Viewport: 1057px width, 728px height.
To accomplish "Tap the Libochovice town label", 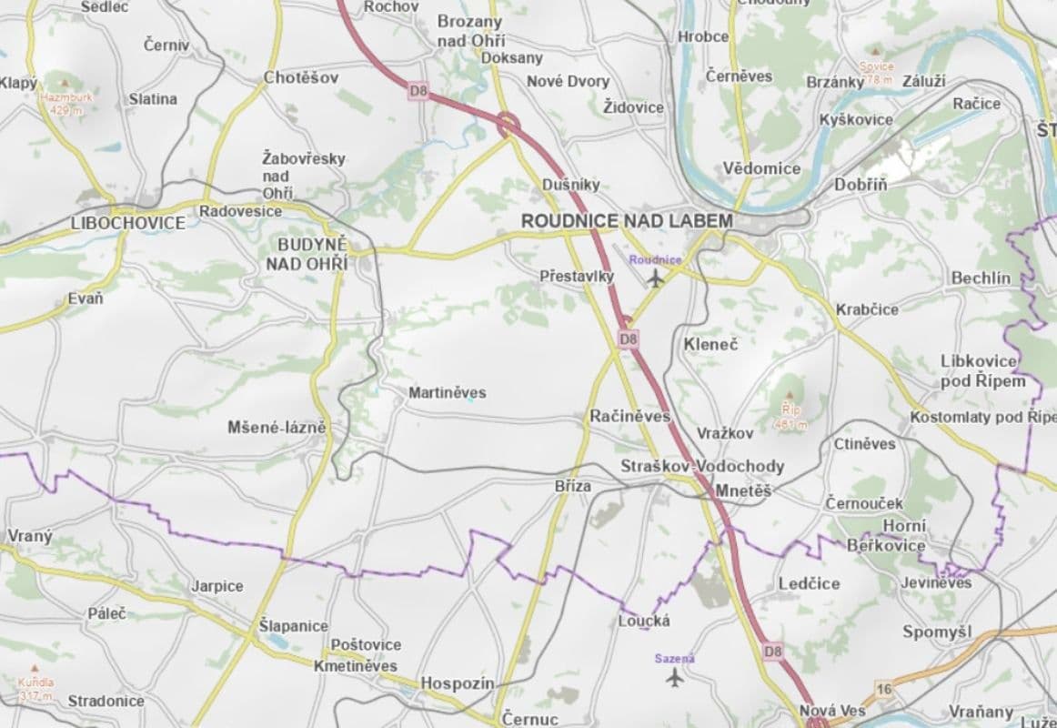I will tap(128, 223).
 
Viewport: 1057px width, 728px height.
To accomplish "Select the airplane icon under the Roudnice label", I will tap(656, 278).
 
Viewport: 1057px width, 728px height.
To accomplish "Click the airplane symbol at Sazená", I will tap(674, 677).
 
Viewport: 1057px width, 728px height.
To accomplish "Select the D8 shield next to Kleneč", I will tap(629, 339).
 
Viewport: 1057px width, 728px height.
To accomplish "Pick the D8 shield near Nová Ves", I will tap(772, 652).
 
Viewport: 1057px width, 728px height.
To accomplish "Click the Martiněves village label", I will tap(447, 393).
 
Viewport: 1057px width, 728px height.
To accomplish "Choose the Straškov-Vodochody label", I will tap(702, 466).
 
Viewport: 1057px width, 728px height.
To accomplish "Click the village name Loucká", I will tap(644, 621).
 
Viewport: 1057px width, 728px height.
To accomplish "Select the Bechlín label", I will tap(981, 278).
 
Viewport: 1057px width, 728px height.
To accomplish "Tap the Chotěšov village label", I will tap(300, 78).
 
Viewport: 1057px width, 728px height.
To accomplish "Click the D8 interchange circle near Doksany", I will tap(508, 123).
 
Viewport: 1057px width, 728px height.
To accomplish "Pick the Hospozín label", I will tap(457, 683).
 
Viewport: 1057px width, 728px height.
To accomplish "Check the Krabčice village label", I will tap(867, 309).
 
